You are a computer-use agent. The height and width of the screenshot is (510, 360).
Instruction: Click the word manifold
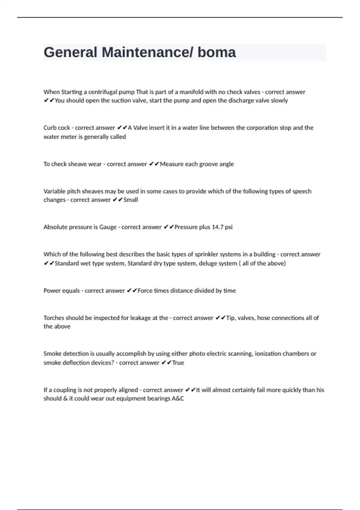point(191,92)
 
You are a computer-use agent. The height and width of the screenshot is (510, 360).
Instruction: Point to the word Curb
point(49,128)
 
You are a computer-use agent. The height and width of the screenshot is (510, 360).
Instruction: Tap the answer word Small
point(131,200)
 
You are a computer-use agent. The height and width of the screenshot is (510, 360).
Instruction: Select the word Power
point(51,291)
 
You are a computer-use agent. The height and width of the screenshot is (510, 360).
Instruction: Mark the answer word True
point(178,363)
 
